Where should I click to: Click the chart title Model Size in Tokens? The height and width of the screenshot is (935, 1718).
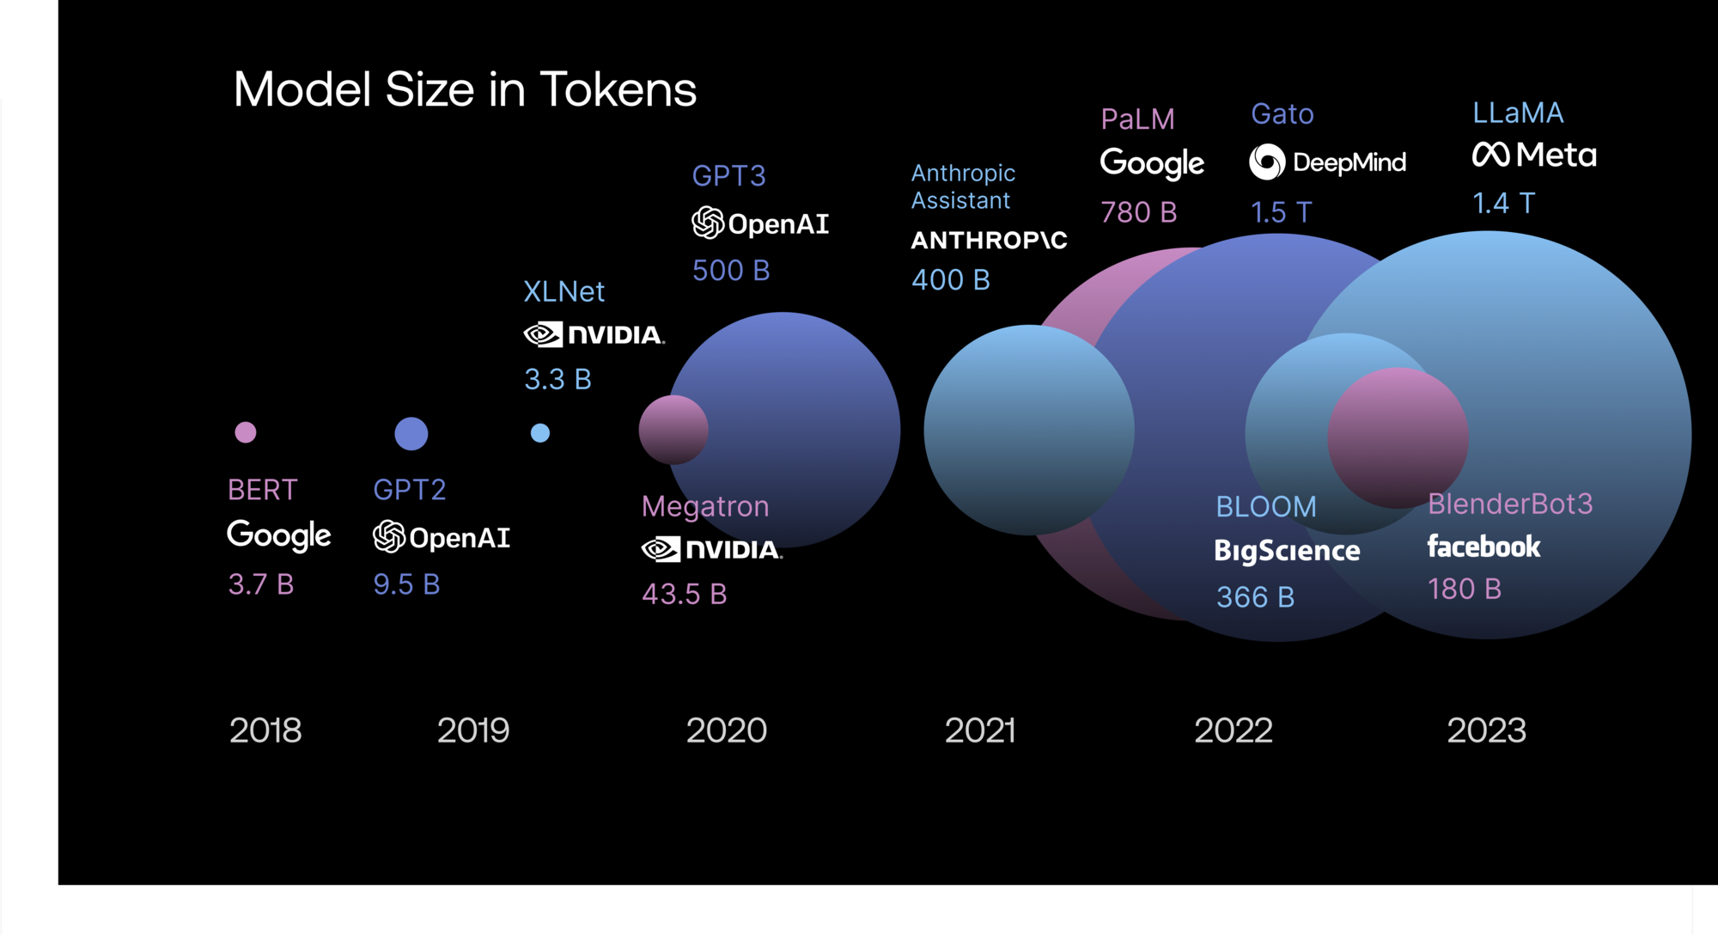pos(465,89)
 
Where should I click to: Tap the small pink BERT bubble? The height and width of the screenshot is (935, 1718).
pos(246,432)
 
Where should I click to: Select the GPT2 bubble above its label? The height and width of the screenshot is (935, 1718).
pos(411,433)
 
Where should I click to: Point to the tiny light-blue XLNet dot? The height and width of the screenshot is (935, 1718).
pos(539,433)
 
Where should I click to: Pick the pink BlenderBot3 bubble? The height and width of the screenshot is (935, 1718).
pos(1398,437)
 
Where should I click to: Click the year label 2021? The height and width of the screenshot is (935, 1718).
pos(979,730)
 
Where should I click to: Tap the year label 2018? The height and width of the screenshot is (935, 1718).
pos(265,730)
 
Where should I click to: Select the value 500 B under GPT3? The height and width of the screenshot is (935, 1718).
pos(731,271)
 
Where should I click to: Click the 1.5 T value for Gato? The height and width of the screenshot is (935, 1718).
pos(1281,212)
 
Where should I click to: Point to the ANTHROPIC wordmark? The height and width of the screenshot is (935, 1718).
pos(989,241)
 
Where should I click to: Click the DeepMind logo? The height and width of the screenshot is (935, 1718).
pos(1327,162)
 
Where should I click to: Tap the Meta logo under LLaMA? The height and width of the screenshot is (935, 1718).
pos(1534,155)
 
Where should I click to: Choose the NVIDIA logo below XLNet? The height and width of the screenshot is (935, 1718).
pos(594,334)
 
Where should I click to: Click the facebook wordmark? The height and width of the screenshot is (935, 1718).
pos(1483,547)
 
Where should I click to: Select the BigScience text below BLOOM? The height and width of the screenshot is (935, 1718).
pos(1287,551)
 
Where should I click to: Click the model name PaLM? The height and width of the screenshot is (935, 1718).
pos(1137,119)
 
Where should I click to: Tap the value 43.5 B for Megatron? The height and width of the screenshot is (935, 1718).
pos(685,594)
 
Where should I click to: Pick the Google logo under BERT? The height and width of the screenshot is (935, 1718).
pos(278,535)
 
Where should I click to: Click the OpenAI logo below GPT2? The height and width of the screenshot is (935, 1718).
pos(442,537)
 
